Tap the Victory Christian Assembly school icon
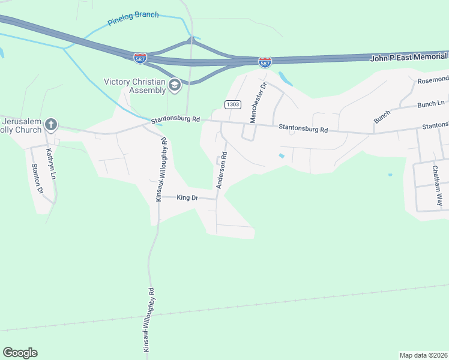coord(175,85)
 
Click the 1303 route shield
coord(233,104)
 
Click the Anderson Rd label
coord(221,170)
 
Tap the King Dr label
coord(187,197)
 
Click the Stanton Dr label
coord(37,179)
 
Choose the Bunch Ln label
coord(431,104)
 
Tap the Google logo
coord(20,352)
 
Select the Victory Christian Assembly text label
coord(134,86)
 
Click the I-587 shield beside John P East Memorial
coord(265,62)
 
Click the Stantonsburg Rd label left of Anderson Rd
coord(175,119)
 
